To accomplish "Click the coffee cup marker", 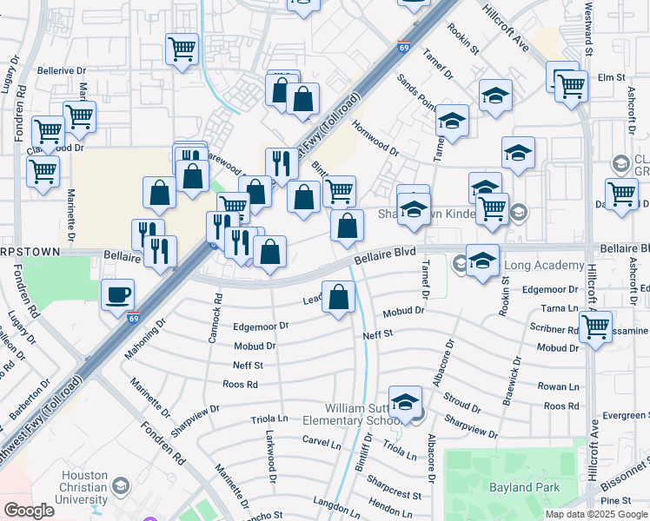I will [x=117, y=293].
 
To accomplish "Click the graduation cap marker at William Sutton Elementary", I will [x=405, y=402].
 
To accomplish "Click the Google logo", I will [x=30, y=511].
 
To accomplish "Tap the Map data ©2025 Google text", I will [x=595, y=514].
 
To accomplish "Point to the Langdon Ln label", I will [x=330, y=503].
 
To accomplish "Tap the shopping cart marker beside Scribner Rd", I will [x=596, y=327].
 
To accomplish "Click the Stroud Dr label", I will [x=461, y=402].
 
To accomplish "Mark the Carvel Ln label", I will [x=321, y=443].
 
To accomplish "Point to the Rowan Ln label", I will [x=558, y=386].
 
